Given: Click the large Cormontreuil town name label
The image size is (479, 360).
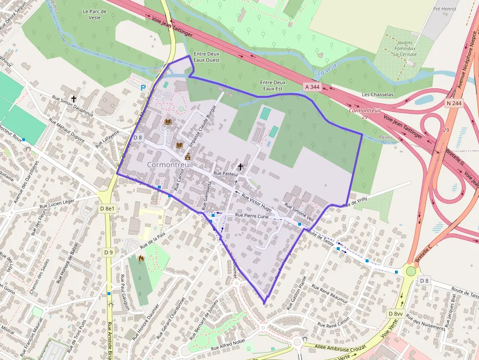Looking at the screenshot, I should [x=170, y=165].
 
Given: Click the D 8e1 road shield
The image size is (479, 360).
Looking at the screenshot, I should [x=108, y=209].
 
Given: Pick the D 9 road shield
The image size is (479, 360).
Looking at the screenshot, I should [x=109, y=252].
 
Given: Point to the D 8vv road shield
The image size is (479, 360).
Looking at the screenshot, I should [x=395, y=313].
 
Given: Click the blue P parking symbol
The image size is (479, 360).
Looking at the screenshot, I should [x=143, y=88].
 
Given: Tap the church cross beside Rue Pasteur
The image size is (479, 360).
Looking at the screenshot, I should [x=240, y=167].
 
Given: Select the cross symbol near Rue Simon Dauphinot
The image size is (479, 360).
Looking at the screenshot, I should [x=74, y=98].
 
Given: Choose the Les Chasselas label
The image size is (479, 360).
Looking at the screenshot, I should [x=378, y=94].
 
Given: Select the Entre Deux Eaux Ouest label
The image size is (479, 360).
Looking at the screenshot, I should [x=207, y=57].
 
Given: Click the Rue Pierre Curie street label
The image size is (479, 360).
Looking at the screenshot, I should [x=252, y=215].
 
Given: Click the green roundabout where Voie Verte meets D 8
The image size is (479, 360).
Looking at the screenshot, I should [x=411, y=271].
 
